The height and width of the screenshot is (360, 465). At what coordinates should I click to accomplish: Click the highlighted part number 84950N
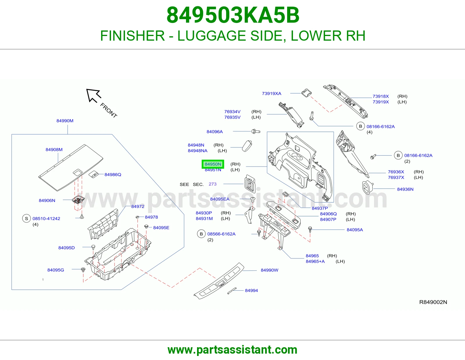point(213,164)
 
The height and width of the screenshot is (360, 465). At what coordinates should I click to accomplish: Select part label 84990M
point(65,121)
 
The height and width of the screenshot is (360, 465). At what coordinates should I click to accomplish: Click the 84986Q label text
point(113,175)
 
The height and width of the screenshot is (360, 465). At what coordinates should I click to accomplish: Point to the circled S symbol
point(26,219)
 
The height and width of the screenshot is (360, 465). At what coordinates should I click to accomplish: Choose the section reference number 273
point(212,184)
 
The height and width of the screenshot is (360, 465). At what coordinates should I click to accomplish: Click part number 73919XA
point(271,93)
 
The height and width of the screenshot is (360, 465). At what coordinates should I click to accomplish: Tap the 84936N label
point(405,189)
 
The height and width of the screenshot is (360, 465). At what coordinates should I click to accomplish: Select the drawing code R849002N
point(433,302)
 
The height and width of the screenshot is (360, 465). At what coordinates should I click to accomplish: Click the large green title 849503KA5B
point(233,15)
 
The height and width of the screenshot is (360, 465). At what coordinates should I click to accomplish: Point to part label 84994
point(251,291)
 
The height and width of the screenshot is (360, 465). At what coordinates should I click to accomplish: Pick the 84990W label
point(269,270)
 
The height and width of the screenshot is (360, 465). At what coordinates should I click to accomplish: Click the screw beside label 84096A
point(256,131)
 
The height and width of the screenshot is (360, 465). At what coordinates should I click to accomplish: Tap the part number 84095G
point(56,270)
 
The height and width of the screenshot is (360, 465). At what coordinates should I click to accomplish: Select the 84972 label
point(138,206)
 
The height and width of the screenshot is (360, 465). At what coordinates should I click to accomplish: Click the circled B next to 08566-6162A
point(201,234)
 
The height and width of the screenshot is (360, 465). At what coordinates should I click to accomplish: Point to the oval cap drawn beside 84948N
point(247,146)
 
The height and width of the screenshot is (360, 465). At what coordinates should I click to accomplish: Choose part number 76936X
point(396,172)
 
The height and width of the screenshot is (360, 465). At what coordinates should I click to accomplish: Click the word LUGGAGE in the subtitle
point(212,36)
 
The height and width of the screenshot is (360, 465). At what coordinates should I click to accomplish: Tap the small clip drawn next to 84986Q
point(94,174)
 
